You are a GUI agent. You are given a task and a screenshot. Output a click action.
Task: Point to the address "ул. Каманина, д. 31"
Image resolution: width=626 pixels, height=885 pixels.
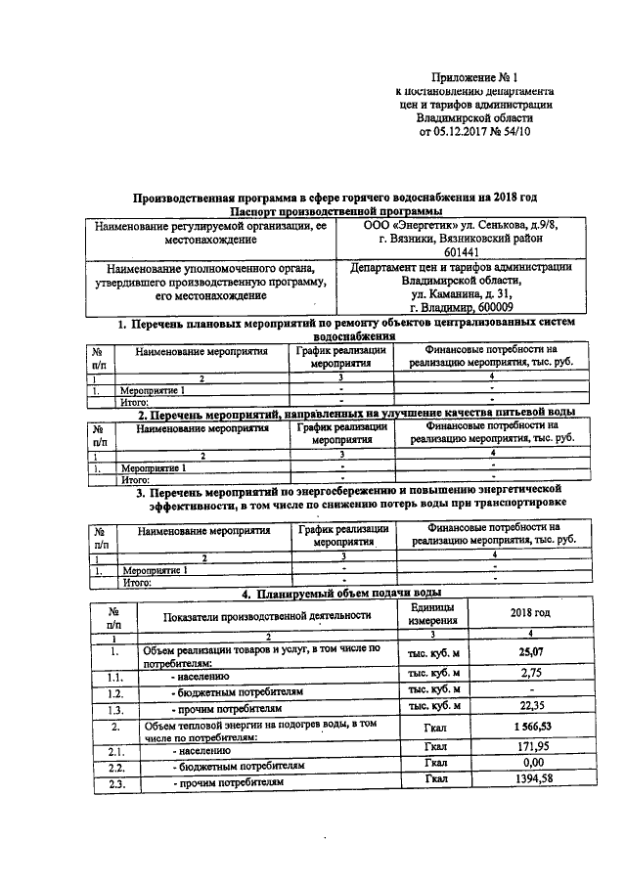tap(460, 292)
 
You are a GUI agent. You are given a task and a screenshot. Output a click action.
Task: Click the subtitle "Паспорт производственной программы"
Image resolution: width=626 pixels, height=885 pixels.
tap(336, 211)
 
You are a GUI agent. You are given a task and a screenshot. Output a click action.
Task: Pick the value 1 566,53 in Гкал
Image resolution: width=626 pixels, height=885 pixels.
tap(529, 729)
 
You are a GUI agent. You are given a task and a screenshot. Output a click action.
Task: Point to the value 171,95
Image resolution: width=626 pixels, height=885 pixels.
tap(529, 748)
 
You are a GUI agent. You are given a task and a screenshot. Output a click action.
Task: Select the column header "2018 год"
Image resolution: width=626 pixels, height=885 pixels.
tap(529, 613)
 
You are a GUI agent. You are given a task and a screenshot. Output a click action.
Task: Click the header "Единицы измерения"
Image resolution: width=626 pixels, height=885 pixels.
tap(435, 614)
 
